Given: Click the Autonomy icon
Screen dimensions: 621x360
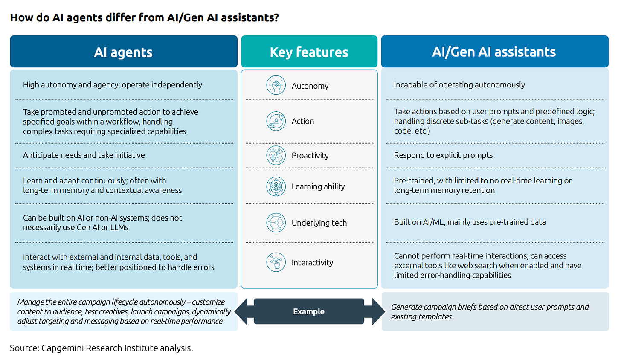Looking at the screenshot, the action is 276,85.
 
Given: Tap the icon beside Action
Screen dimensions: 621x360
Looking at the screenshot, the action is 276,121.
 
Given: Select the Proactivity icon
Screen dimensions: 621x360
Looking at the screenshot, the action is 276,155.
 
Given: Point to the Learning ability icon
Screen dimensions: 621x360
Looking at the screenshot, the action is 276,186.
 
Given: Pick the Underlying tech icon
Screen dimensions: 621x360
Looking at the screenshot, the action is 276,223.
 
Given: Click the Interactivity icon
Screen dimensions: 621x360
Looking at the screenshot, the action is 276,262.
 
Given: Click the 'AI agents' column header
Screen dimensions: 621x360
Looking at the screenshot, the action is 123,52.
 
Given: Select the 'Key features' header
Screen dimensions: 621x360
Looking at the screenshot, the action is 309,52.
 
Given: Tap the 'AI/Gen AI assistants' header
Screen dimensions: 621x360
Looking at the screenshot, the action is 494,52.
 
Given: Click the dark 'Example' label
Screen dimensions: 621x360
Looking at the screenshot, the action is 309,311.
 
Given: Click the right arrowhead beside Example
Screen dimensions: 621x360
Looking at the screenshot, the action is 378,311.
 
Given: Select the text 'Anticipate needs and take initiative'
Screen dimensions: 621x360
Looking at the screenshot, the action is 84,155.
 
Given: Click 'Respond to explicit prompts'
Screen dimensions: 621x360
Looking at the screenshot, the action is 443,155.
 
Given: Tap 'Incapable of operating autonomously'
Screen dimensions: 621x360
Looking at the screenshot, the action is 459,85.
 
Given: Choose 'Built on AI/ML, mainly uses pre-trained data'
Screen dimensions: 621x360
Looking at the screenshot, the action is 470,222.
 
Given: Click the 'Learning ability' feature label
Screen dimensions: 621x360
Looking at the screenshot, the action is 318,186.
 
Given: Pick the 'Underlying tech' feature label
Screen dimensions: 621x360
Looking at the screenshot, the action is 319,223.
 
